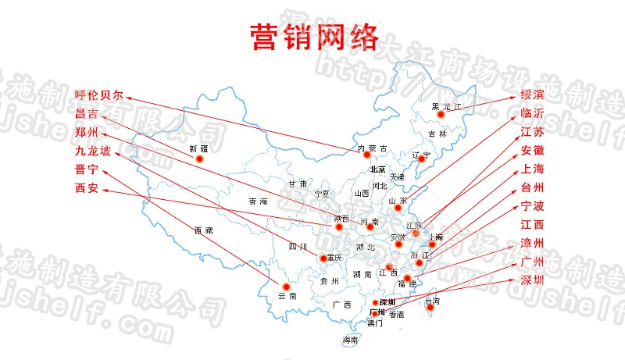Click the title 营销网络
[314, 35]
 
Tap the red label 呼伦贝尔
[99, 95]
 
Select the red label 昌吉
[87, 114]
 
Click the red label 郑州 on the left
[87, 132]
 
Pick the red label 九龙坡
[93, 151]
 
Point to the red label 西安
[87, 187]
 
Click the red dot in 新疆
[199, 158]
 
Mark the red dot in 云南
[274, 285]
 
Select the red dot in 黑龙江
[441, 115]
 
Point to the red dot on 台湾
[428, 310]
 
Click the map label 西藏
[203, 231]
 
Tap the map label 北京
[378, 169]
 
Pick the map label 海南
[351, 340]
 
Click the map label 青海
[258, 201]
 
